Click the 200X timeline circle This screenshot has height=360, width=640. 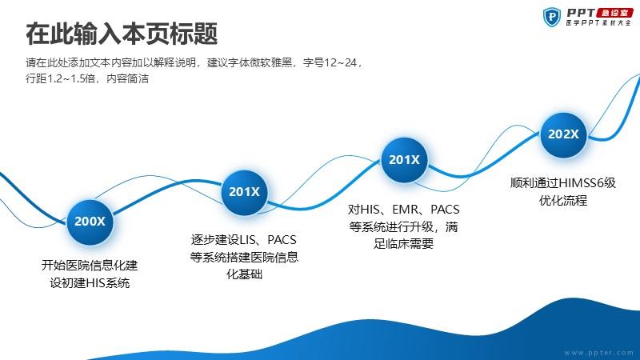[x=90, y=222]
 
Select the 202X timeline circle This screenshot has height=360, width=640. [x=563, y=134]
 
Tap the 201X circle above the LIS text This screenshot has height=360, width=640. [x=244, y=192]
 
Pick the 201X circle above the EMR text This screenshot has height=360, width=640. [x=404, y=159]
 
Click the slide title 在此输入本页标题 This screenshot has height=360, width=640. [x=122, y=34]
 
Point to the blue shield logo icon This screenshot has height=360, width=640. [x=552, y=17]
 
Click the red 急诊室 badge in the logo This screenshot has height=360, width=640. [x=615, y=13]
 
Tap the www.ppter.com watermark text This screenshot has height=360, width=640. [x=598, y=353]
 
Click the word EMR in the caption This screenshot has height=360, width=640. [x=406, y=210]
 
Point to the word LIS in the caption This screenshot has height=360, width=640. [x=247, y=240]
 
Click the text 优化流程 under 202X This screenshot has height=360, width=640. [x=563, y=201]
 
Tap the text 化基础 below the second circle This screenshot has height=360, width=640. [x=244, y=274]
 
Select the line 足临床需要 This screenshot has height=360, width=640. [x=403, y=244]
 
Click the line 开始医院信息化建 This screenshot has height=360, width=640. [x=90, y=266]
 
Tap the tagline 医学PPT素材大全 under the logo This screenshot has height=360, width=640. [x=598, y=23]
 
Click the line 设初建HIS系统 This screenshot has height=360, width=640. [x=90, y=283]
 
